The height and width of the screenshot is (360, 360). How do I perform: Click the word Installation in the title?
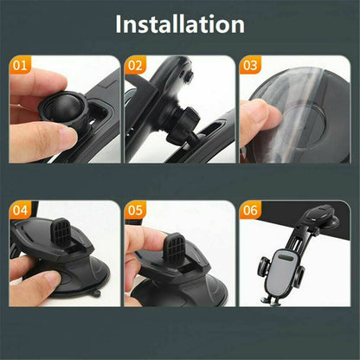(x=180, y=23)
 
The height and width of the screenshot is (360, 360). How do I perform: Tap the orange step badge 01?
(x=21, y=65)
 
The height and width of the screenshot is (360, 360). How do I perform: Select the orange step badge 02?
(x=136, y=65)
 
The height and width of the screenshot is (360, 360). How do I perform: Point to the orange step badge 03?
(x=250, y=65)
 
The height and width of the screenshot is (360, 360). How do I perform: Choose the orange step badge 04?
(x=21, y=210)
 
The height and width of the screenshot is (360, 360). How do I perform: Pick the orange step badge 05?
(x=136, y=210)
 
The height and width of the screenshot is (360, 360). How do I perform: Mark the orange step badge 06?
(x=250, y=210)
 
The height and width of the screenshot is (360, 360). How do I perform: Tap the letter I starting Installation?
(x=119, y=23)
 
